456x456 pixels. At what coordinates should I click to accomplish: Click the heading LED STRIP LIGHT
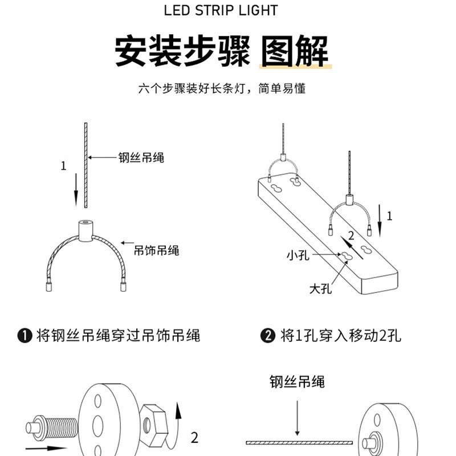(221, 11)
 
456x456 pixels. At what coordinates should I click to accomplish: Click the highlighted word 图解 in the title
(295, 52)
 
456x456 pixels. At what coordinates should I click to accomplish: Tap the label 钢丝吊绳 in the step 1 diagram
(141, 158)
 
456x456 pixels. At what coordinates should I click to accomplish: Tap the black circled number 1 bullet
(24, 335)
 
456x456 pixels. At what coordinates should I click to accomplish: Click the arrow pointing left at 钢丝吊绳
(101, 157)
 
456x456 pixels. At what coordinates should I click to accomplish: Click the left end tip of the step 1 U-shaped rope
(48, 287)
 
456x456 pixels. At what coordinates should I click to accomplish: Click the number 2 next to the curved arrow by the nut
(194, 438)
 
